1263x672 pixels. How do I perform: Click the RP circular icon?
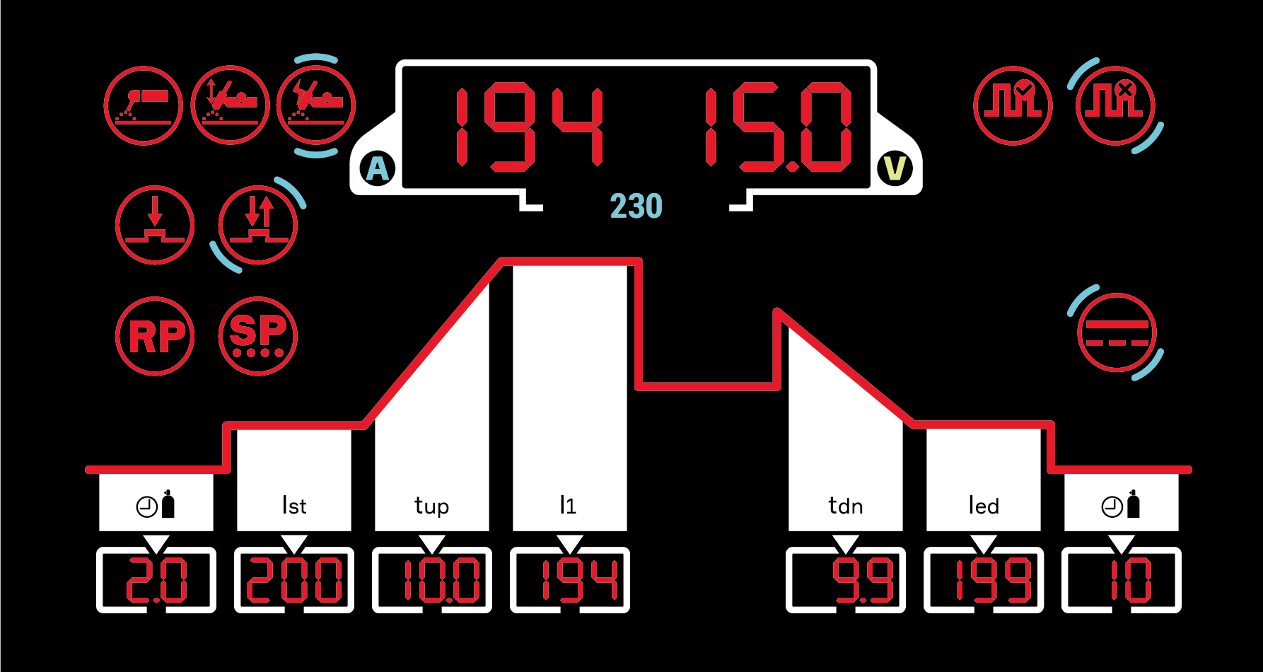[155, 336]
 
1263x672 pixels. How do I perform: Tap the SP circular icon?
[258, 336]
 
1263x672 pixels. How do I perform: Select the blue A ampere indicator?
[378, 169]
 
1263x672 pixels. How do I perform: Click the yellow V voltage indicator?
[895, 168]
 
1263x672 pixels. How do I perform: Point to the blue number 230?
[636, 207]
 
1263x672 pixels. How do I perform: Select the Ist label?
[294, 506]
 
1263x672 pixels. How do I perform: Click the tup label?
[431, 506]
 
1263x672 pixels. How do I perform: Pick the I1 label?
[569, 505]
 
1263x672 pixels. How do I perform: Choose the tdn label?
[846, 506]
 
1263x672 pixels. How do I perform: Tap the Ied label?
[984, 506]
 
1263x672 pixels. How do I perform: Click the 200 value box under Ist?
[294, 580]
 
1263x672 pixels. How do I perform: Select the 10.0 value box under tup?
[432, 580]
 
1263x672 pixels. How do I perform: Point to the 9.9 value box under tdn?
[846, 580]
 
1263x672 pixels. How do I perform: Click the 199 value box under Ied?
[984, 580]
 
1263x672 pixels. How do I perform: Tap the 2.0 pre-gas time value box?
[156, 580]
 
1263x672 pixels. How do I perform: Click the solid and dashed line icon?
[1117, 333]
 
